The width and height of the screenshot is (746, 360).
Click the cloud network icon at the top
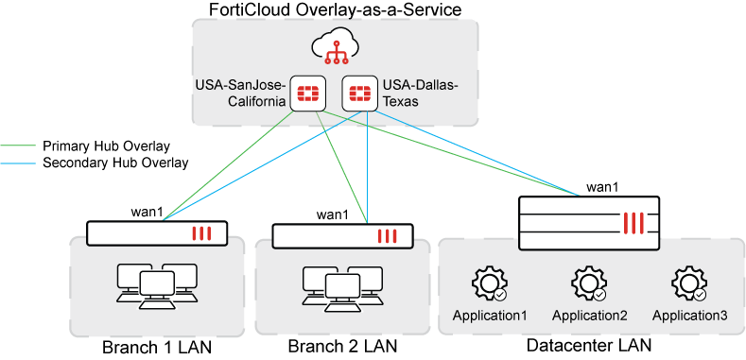335,47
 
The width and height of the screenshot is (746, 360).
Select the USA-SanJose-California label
240,94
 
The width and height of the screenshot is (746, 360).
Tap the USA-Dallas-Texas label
420,94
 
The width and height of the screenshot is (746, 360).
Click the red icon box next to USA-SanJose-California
307,94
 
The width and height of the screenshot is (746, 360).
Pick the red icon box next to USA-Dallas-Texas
358,94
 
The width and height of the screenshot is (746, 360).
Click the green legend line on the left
18,146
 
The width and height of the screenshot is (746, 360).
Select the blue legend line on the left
18,163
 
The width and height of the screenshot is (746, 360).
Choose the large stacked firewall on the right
587,222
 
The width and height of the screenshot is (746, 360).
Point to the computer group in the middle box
342,284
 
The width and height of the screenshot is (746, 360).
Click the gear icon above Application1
490,283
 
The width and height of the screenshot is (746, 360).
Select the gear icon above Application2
589,283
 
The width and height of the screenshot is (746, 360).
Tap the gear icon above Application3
689,283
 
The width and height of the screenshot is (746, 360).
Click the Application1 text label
490,316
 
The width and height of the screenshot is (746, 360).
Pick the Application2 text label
589,316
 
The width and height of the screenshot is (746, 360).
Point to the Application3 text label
689,316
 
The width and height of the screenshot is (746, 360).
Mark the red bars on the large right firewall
634,223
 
